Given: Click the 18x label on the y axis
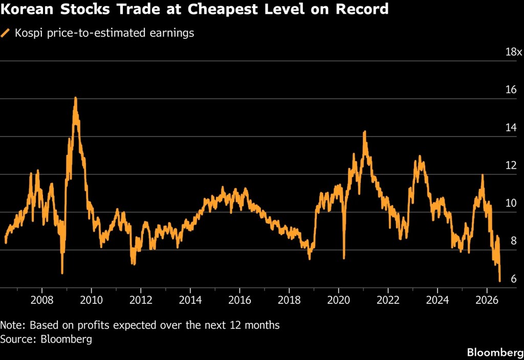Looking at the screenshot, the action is pos(514,52).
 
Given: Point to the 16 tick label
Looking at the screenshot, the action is pos(511,89).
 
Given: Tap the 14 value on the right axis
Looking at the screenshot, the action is pos(511,127).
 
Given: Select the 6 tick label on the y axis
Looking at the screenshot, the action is pos(514,279).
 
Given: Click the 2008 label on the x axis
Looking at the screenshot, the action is pos(42,300).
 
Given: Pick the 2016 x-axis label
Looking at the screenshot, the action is pos(239,300).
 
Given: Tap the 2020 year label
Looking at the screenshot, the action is pos(339,300).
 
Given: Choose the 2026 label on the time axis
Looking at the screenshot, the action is pos(487,300).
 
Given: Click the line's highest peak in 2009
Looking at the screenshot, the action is pos(76,98).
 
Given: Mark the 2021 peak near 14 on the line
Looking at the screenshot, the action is pos(364,131).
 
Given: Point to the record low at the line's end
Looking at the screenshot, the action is pos(500,281).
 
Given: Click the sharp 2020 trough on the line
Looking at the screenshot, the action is pos(344,258).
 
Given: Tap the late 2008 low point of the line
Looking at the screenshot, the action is pos(62,273).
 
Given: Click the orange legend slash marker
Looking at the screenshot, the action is pos(5,33).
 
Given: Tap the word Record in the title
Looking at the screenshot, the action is pos(362,9).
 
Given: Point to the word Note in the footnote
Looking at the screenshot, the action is pos(12,325).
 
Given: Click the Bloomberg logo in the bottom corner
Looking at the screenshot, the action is pos(495,352).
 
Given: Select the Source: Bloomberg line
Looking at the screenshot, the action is pos(46,340).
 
